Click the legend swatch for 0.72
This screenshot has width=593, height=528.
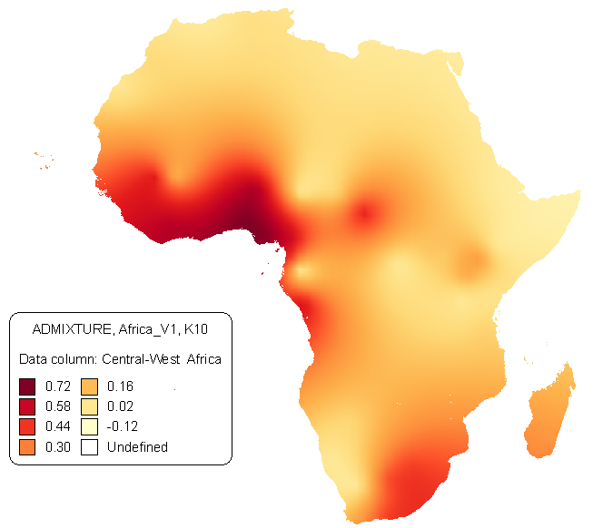pos(27,386)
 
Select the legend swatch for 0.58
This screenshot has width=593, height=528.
pos(27,406)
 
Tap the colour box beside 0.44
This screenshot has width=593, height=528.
pos(27,426)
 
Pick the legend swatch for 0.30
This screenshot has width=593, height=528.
pos(27,446)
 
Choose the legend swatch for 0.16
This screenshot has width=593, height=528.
pos(89,386)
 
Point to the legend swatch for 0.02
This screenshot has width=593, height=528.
pos(89,406)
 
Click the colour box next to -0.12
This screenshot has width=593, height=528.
pos(89,426)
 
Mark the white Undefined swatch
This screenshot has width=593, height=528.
pos(89,446)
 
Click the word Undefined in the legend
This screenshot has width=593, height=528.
pos(137,446)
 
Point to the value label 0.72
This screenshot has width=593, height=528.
pos(58,386)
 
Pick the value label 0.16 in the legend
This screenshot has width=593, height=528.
pos(120,386)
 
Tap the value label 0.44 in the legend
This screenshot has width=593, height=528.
pos(58,426)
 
